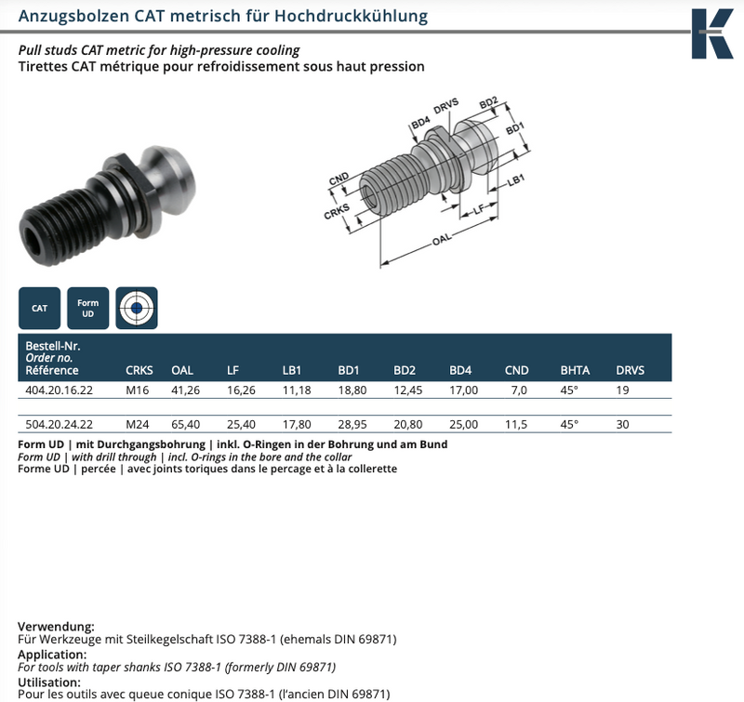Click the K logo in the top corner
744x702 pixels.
711,33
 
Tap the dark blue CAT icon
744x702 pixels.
40,308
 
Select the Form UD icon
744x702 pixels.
88,308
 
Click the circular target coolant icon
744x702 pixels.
137,308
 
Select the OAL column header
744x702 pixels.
182,370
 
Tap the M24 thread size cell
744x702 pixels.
139,424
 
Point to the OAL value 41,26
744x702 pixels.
186,391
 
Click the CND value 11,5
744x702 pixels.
517,424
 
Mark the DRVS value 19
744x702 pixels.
623,391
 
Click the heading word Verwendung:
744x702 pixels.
57,627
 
